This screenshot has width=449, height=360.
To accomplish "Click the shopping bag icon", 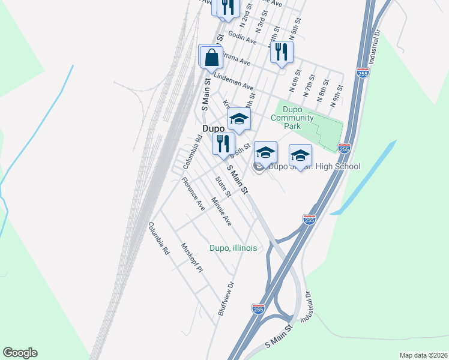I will point(212,58).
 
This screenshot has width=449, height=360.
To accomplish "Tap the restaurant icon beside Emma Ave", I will point(282,52).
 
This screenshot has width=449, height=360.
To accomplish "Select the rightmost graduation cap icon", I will point(300,156).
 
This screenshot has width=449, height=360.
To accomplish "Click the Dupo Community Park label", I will point(292,113).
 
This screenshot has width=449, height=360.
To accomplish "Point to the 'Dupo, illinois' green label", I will point(233,248).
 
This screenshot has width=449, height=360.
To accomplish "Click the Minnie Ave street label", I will point(221,211).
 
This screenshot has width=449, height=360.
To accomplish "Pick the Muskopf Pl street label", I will point(193,257).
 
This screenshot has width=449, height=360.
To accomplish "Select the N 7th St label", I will point(308,88).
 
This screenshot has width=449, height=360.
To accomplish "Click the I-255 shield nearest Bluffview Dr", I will point(258,308).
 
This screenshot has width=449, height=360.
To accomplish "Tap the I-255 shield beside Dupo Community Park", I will point(345,148).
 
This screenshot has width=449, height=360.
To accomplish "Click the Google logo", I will point(20,353).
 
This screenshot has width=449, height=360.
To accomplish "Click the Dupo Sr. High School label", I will point(315,166).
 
